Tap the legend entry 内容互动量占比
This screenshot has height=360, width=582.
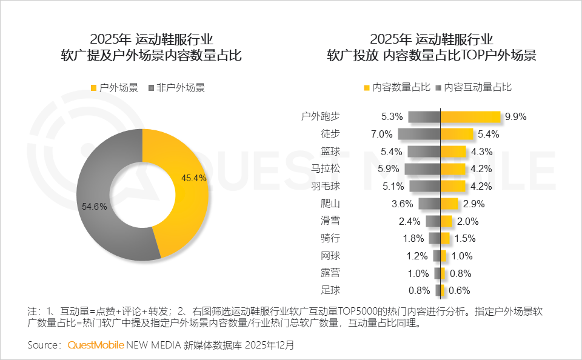(x=472, y=87)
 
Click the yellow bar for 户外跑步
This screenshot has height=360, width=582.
(x=470, y=117)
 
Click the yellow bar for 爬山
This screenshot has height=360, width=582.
(x=449, y=204)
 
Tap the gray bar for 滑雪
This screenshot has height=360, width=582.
(x=433, y=221)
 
